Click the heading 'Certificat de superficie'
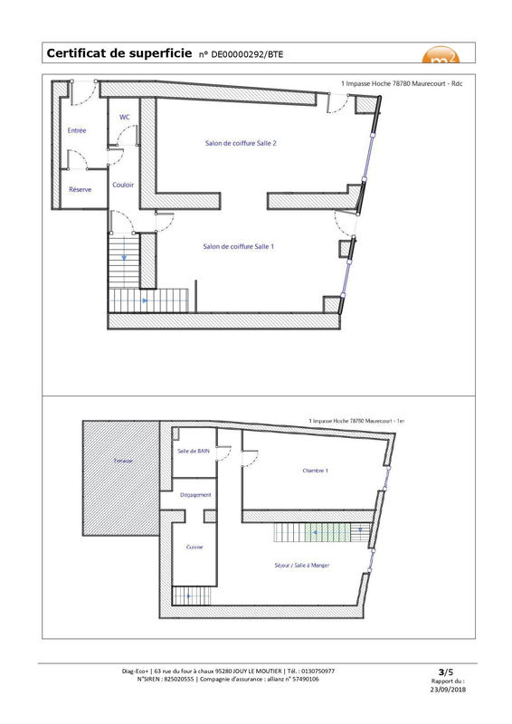(x=119, y=54)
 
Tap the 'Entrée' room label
(x=77, y=131)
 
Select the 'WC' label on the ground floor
(x=125, y=117)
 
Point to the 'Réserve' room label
(x=81, y=189)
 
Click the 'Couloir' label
(x=124, y=185)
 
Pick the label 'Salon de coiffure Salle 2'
(x=240, y=143)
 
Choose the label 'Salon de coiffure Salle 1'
(x=239, y=246)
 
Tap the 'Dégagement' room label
(x=195, y=494)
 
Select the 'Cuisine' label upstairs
(x=194, y=547)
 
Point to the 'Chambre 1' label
(x=315, y=471)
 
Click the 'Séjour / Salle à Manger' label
(x=301, y=565)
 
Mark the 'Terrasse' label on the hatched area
(x=123, y=462)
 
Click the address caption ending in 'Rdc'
(x=402, y=83)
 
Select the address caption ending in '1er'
(x=356, y=421)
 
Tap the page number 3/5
(x=444, y=672)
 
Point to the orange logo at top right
(x=442, y=54)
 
